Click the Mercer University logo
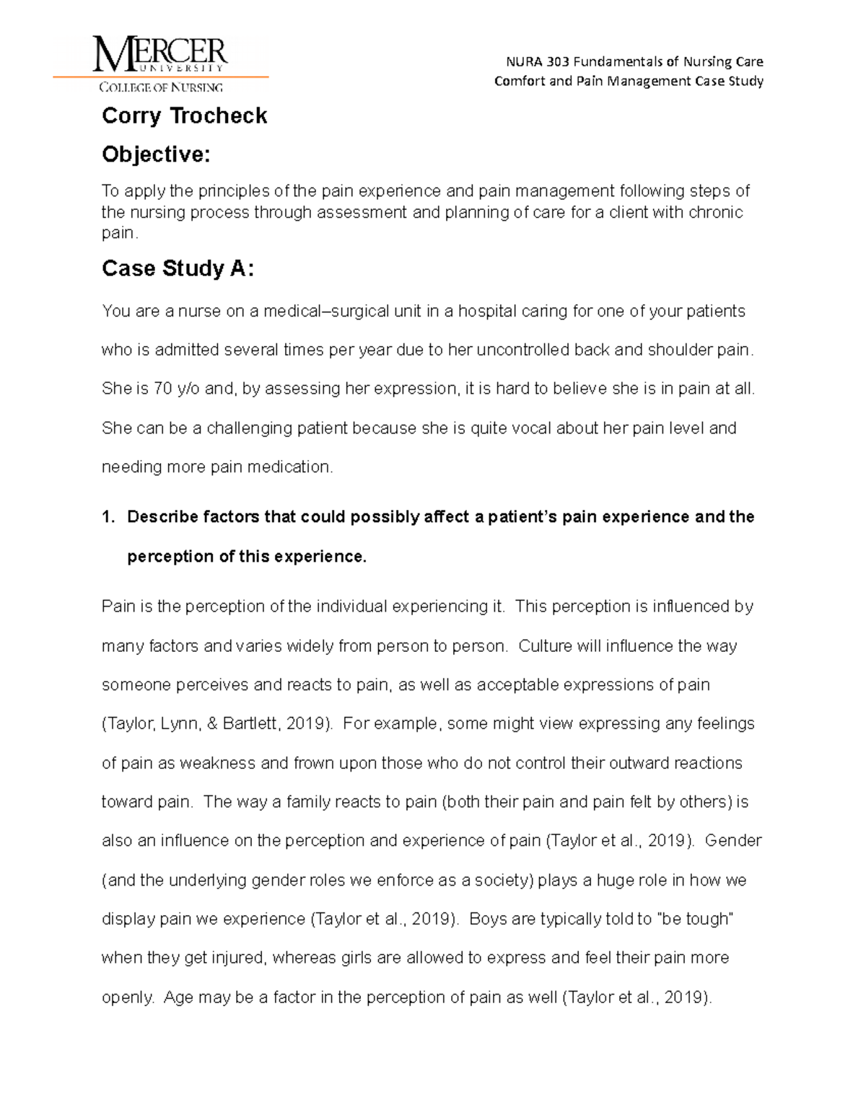(x=160, y=64)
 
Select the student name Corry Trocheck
(x=184, y=116)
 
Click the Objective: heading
(x=156, y=154)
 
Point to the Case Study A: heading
(x=178, y=268)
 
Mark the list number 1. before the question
(x=108, y=517)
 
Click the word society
(x=505, y=881)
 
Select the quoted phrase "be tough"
(x=694, y=920)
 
